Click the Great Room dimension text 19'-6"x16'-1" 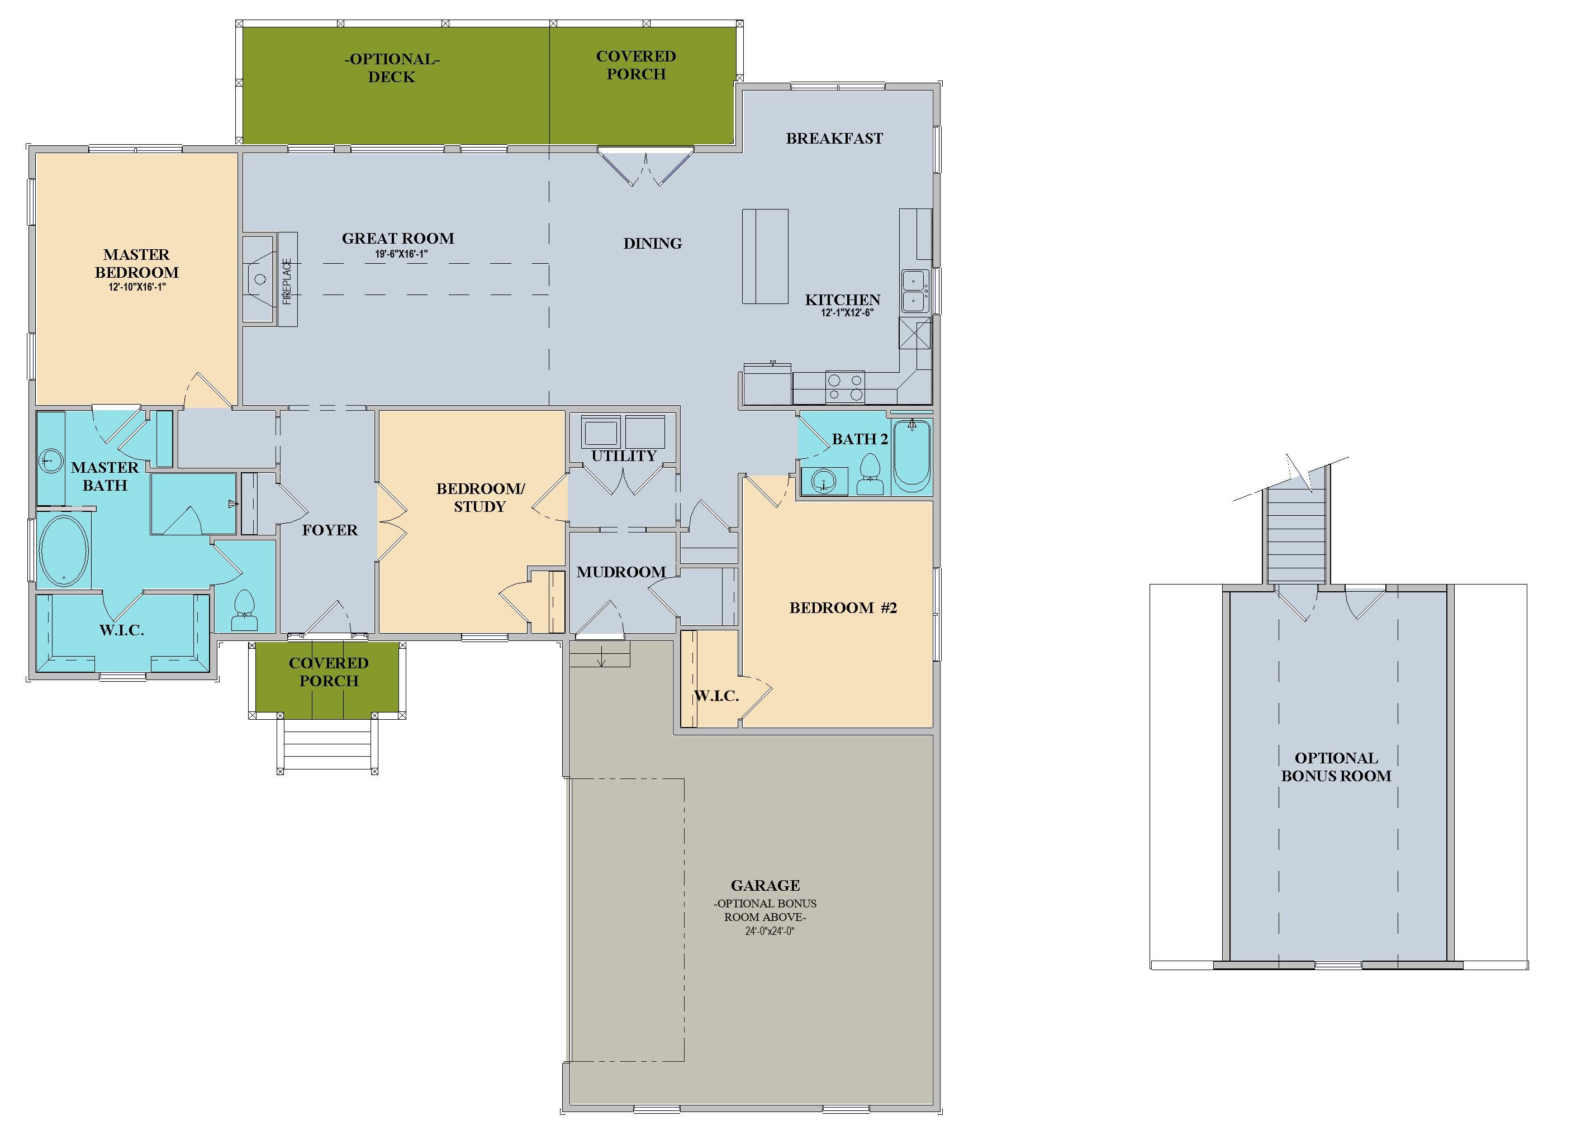point(401,254)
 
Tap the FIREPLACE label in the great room point(287,281)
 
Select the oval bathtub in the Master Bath point(64,550)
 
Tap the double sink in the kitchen point(915,291)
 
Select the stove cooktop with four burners point(845,387)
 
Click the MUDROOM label point(620,572)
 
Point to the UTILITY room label point(623,456)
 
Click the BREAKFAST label point(834,139)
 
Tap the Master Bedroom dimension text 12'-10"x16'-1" point(136,287)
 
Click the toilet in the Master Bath point(244,604)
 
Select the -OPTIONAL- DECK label point(392,68)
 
